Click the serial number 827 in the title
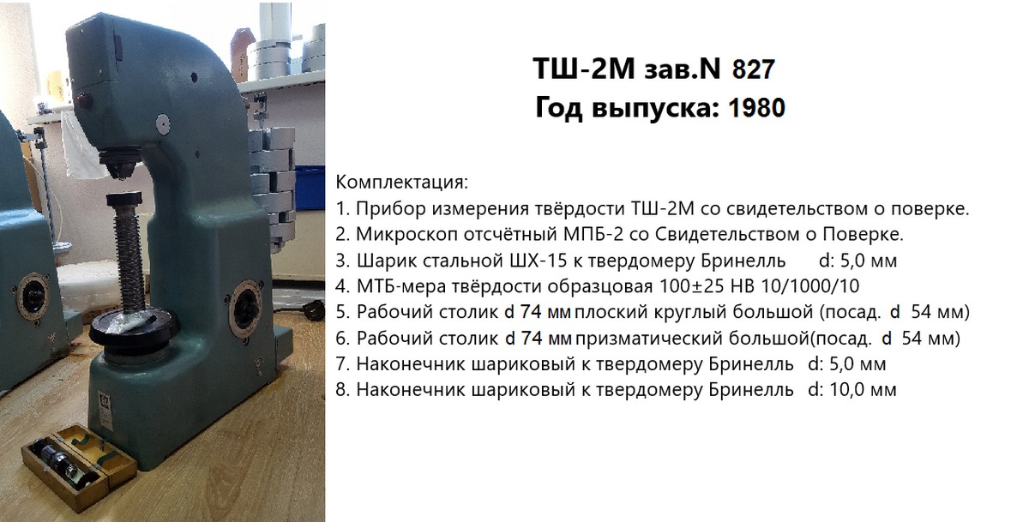pyautogui.click(x=754, y=69)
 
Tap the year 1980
pyautogui.click(x=756, y=108)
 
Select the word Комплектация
pyautogui.click(x=400, y=183)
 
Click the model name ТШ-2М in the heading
pyautogui.click(x=584, y=69)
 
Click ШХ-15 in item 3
pyautogui.click(x=539, y=261)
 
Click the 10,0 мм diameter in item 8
pyautogui.click(x=863, y=390)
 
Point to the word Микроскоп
pyautogui.click(x=406, y=235)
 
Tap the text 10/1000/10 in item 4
pyautogui.click(x=809, y=286)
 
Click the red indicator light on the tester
pyautogui.click(x=83, y=99)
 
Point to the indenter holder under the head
pyautogui.click(x=120, y=163)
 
